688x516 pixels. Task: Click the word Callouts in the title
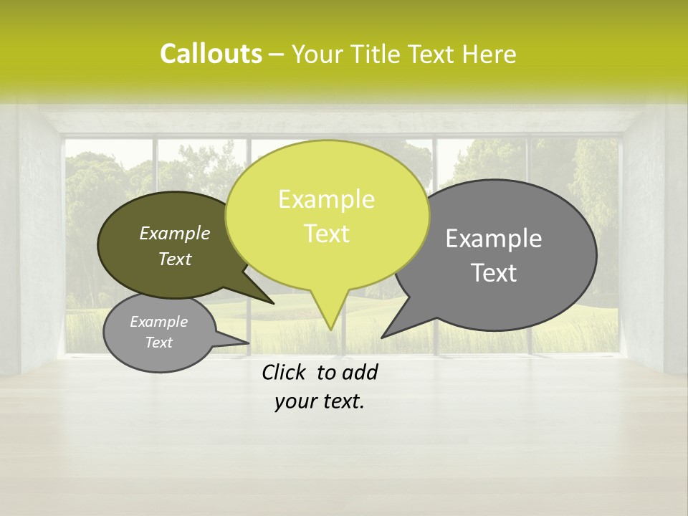click(x=211, y=54)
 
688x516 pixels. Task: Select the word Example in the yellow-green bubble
click(x=326, y=199)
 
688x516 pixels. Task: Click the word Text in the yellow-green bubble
click(x=326, y=234)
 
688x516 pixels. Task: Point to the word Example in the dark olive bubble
click(x=174, y=233)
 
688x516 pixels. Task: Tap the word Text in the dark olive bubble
click(x=174, y=259)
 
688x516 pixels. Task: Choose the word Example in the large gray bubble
click(x=494, y=239)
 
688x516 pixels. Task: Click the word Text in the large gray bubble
click(x=494, y=273)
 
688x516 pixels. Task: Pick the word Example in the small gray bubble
click(x=158, y=322)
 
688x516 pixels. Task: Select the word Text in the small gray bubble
click(x=158, y=343)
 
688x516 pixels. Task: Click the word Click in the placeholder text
click(x=284, y=373)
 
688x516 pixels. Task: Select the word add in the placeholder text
click(x=360, y=373)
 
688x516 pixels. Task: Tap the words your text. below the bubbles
click(x=320, y=401)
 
